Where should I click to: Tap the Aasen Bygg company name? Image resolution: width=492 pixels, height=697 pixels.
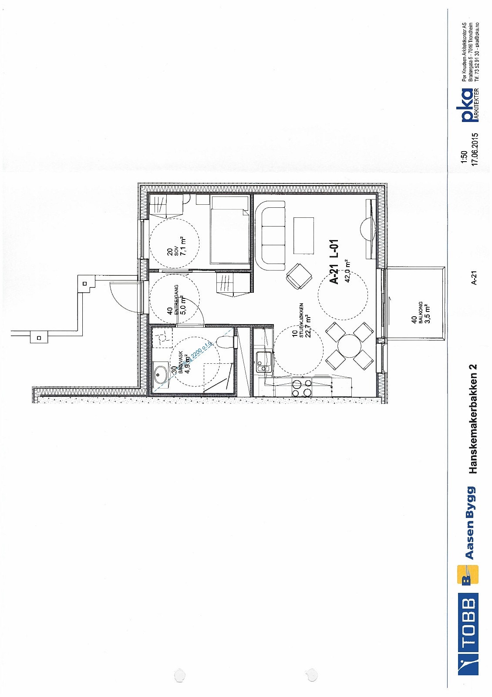pyautogui.click(x=469, y=522)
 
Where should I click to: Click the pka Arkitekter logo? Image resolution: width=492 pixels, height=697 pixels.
pyautogui.click(x=469, y=106)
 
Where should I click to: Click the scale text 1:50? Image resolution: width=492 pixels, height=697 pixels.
pyautogui.click(x=464, y=158)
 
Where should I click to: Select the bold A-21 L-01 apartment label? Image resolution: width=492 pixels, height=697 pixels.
pyautogui.click(x=334, y=262)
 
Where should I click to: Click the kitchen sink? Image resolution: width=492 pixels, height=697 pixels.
pyautogui.click(x=263, y=361)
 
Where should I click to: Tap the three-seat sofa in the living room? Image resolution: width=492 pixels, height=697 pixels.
pyautogui.click(x=271, y=235)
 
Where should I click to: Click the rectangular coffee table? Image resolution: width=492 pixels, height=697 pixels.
pyautogui.click(x=303, y=235)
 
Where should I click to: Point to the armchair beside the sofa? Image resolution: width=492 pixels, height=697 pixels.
pyautogui.click(x=299, y=276)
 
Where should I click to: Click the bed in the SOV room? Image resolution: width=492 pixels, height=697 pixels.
pyautogui.click(x=229, y=230)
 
